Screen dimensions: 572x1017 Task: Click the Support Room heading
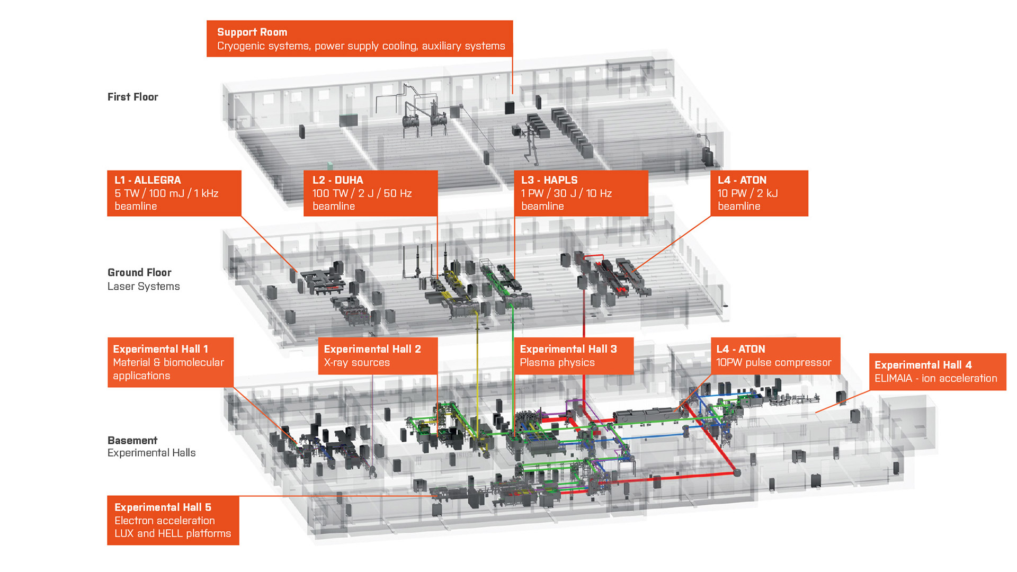252,32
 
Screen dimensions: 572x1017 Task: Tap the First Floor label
132,97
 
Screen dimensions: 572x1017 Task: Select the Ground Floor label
139,273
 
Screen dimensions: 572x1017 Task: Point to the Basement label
132,440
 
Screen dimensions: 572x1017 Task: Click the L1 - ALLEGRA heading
148,180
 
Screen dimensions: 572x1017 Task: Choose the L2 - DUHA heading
338,180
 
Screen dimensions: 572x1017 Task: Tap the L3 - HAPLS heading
549,180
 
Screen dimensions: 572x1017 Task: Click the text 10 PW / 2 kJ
747,193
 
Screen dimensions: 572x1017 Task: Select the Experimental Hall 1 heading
160,349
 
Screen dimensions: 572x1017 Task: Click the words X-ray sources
356,362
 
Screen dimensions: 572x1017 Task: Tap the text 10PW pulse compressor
773,362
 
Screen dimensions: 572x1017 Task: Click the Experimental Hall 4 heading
923,365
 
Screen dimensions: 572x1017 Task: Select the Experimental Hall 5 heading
163,507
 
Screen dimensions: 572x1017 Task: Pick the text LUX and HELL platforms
173,533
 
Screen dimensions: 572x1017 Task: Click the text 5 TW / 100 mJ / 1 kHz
166,193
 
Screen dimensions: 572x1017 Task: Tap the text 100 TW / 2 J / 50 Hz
362,193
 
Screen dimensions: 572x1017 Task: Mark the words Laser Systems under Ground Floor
144,287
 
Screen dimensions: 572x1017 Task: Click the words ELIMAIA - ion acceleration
935,378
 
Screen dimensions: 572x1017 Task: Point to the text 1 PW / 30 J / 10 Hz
566,193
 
